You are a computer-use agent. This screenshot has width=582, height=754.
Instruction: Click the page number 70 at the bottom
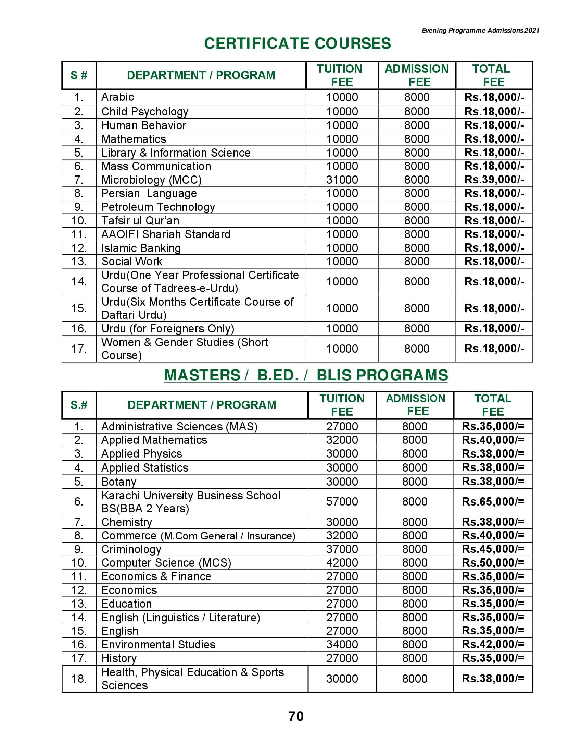click(x=296, y=716)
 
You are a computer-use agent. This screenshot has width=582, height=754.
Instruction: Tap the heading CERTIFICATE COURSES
click(x=297, y=44)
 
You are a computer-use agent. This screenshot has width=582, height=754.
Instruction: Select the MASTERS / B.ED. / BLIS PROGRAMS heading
click(x=306, y=375)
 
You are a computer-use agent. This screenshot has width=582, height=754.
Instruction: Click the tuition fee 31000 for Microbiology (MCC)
click(x=342, y=180)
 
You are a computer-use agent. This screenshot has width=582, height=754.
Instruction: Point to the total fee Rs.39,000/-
click(x=494, y=180)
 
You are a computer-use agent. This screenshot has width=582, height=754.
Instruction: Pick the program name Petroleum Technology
click(x=158, y=207)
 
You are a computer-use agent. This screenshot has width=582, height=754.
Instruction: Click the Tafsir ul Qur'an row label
click(x=140, y=221)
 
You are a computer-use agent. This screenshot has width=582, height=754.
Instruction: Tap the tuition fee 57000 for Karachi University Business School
click(x=342, y=502)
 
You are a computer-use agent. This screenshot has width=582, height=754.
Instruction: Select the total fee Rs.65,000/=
click(x=493, y=502)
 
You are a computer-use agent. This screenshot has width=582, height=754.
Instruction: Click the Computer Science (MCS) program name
click(x=166, y=563)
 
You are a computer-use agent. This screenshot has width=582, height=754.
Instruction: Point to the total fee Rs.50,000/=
click(x=493, y=563)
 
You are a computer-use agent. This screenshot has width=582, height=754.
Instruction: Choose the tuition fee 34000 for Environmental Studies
click(x=342, y=644)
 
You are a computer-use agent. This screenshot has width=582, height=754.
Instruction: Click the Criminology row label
click(x=131, y=549)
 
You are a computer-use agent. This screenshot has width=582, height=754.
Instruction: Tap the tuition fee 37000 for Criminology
click(x=342, y=549)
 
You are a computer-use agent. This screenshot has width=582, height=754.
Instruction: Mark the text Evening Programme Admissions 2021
click(x=480, y=31)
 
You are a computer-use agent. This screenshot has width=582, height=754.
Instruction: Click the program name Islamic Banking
click(x=141, y=248)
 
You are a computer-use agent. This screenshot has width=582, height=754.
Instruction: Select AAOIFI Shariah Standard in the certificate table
click(x=166, y=234)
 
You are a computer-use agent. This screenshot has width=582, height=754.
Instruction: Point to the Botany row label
click(x=118, y=482)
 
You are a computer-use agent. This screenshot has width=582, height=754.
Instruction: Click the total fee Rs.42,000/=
click(x=493, y=644)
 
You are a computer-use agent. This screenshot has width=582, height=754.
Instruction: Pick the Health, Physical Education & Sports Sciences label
click(x=192, y=679)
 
